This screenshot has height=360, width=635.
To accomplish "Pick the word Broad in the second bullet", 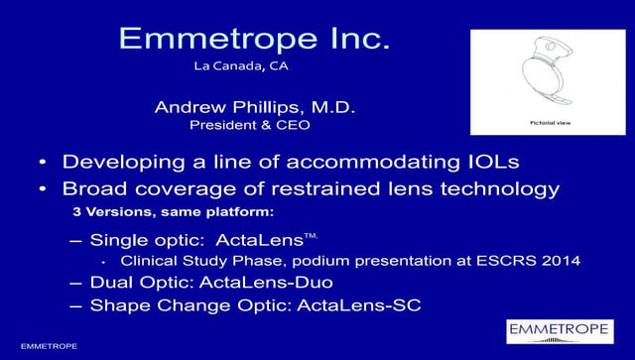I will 92,189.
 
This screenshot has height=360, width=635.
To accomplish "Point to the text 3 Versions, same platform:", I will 149,213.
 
